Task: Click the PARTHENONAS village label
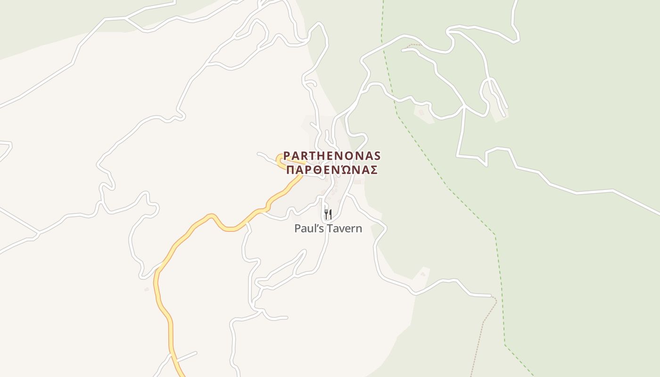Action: pos(332,156)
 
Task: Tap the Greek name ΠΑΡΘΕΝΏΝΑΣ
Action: pos(332,170)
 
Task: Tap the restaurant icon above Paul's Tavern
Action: pos(328,214)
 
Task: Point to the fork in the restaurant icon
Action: pos(326,214)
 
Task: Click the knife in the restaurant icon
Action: pos(330,214)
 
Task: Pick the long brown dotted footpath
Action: pos(481,330)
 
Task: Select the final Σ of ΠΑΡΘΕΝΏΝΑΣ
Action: pos(374,170)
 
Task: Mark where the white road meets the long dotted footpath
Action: pos(492,296)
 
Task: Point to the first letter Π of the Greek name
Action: pos(291,170)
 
